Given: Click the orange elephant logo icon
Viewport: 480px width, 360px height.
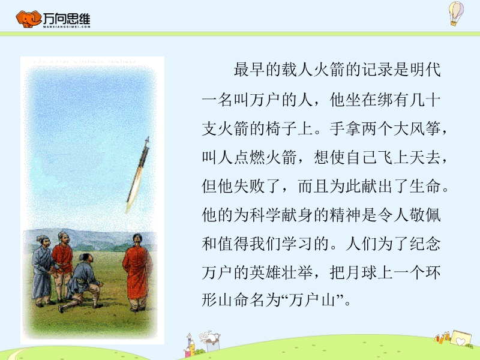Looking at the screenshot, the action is click(28, 19).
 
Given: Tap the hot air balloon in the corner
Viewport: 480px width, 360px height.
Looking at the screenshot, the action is click(456, 13).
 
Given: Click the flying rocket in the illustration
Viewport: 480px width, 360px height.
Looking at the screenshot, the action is click(138, 174).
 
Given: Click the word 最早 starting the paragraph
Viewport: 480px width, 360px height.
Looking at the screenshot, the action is click(250, 70).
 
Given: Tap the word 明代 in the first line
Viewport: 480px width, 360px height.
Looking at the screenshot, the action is click(425, 70).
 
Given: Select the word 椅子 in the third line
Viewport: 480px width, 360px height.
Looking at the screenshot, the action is click(281, 128).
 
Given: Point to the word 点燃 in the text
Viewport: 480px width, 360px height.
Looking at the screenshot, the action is click(250, 158).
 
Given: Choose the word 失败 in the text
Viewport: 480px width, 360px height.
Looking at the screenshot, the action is click(250, 187).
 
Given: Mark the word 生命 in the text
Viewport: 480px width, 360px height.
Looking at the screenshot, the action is click(425, 187).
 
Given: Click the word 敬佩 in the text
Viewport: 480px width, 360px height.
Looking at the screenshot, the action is click(425, 215).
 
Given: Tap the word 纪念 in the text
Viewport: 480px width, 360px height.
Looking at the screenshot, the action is click(425, 244).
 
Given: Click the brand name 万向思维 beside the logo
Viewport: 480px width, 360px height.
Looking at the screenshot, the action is click(67, 19).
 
